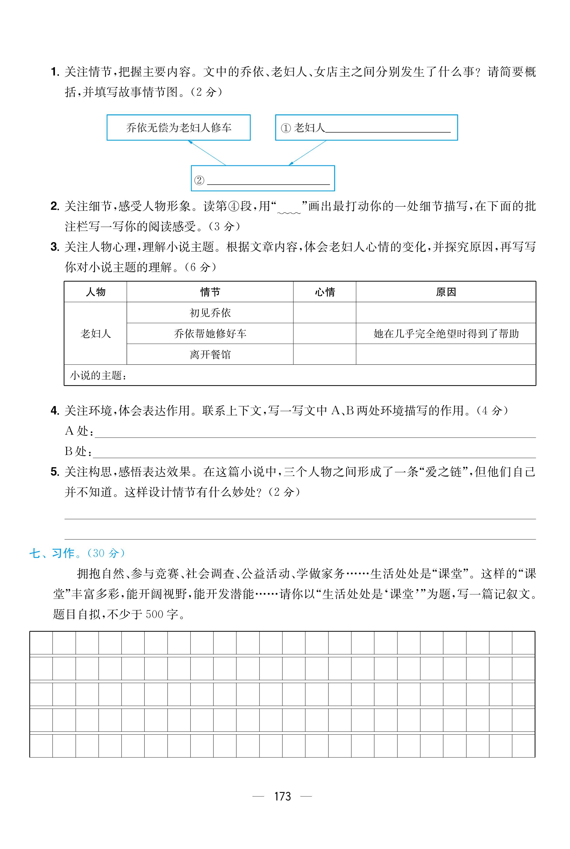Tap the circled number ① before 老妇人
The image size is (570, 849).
click(x=286, y=128)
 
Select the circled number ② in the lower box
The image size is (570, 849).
click(x=199, y=180)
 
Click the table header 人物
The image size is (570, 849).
click(x=96, y=292)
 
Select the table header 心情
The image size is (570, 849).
click(x=325, y=292)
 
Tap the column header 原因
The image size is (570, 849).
click(x=446, y=292)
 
